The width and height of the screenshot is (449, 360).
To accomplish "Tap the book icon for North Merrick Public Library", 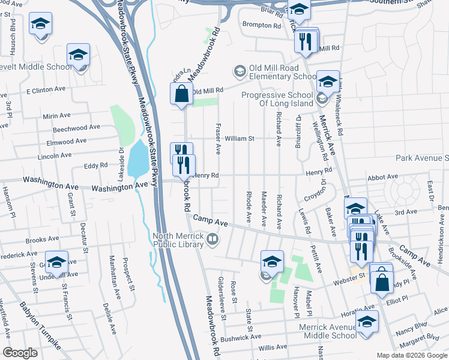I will click(x=212, y=241).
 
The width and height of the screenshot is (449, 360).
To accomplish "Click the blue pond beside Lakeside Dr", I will click(x=137, y=159).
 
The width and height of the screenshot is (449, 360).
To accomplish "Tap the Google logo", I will click(x=20, y=353).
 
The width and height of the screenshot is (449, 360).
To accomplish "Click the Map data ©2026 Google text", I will click(x=411, y=355).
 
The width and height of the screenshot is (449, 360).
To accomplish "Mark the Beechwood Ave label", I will click(x=76, y=128).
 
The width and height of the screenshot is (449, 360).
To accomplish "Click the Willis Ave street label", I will click(x=273, y=347).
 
